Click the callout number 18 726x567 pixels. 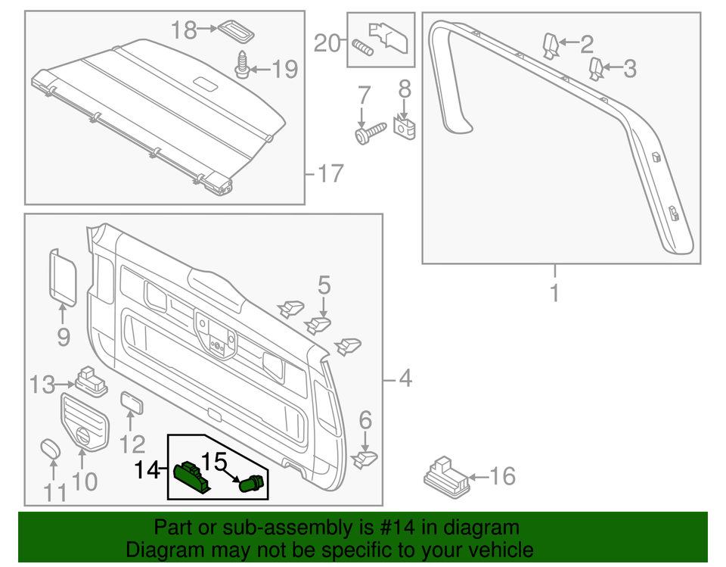click(183, 30)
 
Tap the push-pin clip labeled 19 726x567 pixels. click(242, 67)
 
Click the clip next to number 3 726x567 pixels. click(597, 68)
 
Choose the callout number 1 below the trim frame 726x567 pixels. click(554, 293)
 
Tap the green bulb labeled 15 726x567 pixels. click(252, 483)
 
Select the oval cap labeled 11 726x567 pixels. click(50, 449)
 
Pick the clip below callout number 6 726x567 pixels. click(366, 458)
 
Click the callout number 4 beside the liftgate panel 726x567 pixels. click(405, 377)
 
